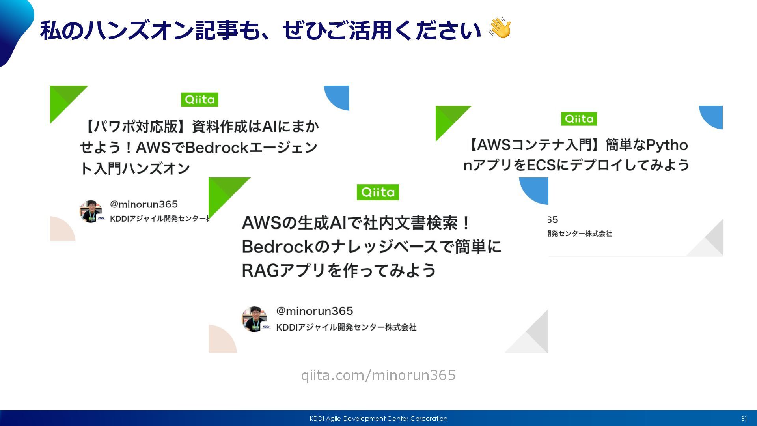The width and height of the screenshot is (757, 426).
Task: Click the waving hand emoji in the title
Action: (500, 28)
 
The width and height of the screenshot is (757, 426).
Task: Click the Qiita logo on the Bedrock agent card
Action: (200, 99)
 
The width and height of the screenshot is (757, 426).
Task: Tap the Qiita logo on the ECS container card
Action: (579, 119)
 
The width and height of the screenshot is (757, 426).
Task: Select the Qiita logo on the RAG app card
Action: (378, 192)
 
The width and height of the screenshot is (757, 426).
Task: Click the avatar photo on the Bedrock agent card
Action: (91, 211)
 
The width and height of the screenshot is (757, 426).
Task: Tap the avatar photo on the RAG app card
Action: (254, 319)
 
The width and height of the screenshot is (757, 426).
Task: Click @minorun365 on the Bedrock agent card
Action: (144, 204)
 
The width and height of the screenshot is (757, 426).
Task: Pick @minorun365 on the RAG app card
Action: (314, 311)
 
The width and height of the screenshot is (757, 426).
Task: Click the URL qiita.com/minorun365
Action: (378, 375)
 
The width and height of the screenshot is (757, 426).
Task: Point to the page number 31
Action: (744, 419)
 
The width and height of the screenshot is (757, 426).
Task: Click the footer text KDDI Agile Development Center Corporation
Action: (378, 419)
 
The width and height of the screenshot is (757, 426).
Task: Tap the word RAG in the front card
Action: (258, 271)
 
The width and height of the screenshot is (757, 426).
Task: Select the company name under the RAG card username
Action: (346, 327)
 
